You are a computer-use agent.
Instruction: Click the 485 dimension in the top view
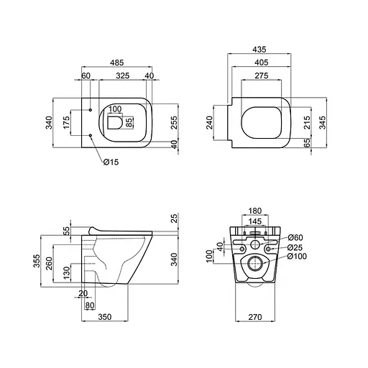(115, 63)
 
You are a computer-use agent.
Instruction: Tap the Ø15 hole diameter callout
(110, 162)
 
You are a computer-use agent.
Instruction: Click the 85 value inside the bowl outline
(129, 121)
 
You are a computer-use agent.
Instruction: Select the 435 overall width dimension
(260, 50)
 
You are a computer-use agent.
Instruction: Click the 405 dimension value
(260, 63)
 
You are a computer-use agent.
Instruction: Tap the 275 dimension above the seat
(260, 75)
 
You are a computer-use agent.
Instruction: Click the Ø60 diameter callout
(295, 238)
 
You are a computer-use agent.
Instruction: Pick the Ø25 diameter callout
(295, 247)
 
